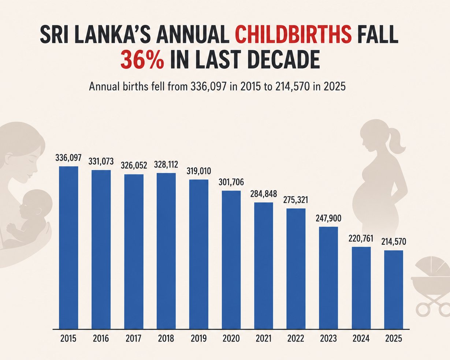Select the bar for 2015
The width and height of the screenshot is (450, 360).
(x=68, y=248)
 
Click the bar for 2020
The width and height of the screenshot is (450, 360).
(x=231, y=260)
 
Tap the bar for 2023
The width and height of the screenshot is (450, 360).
(x=328, y=278)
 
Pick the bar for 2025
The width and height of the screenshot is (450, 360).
(x=394, y=290)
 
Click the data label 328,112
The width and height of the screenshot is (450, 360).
(x=166, y=165)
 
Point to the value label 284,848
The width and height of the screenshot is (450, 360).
(x=264, y=194)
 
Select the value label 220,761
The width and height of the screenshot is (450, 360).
(x=361, y=239)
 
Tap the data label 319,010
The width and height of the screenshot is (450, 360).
(x=199, y=171)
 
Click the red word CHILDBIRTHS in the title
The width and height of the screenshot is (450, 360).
(x=293, y=34)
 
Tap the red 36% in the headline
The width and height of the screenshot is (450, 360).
(x=142, y=60)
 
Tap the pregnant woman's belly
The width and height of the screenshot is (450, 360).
(x=360, y=200)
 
